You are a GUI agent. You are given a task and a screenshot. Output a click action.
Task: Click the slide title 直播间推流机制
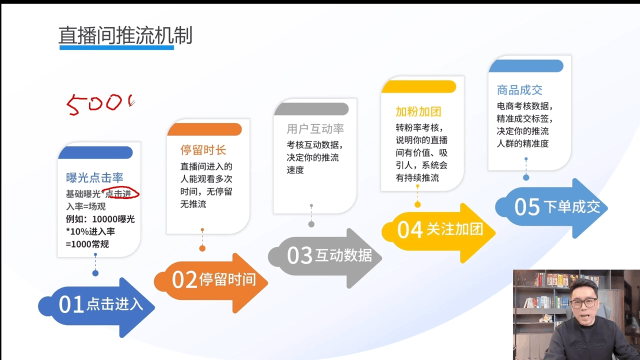click(125, 35)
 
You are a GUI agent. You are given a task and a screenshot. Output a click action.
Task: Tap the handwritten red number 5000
click(100, 104)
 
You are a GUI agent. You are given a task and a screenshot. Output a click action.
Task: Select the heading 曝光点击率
click(94, 177)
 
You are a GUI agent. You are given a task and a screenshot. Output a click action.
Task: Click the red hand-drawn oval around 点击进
click(121, 193)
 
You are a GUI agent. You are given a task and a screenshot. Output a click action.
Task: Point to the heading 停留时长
click(203, 150)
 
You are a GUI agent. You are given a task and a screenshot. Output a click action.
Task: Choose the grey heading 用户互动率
click(315, 129)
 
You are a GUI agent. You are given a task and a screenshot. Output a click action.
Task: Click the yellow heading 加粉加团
click(418, 111)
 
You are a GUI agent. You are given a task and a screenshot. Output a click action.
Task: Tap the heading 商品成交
click(519, 90)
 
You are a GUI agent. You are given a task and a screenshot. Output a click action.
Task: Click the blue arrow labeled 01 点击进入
click(96, 307)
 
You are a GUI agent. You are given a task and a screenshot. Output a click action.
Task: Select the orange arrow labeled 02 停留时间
click(211, 283)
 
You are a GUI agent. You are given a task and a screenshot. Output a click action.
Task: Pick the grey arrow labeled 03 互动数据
click(325, 258)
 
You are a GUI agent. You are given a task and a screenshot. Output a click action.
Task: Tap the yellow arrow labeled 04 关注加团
click(438, 233)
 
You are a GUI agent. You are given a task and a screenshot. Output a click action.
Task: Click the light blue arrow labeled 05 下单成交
click(551, 208)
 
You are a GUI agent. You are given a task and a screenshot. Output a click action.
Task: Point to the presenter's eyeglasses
click(583, 303)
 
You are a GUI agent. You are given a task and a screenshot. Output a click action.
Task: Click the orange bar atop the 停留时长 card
click(204, 129)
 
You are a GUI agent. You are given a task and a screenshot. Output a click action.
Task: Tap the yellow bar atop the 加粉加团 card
click(419, 86)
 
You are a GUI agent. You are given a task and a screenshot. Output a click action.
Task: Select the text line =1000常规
click(87, 244)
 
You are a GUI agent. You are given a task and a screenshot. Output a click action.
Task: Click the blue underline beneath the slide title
click(116, 47)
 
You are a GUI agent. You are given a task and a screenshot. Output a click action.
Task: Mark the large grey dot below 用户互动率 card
click(311, 224)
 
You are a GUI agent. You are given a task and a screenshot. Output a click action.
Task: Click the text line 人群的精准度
click(522, 143)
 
